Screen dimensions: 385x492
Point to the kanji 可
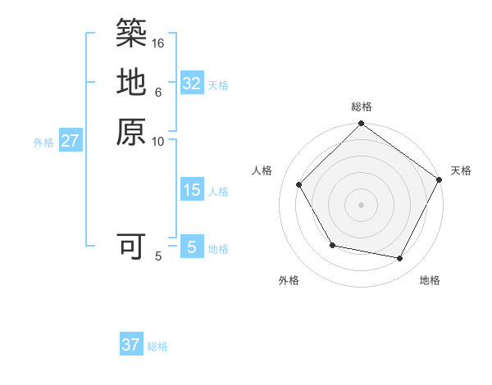click(131, 246)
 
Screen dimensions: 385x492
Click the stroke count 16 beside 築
click(158, 43)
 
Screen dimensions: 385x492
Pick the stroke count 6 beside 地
click(158, 92)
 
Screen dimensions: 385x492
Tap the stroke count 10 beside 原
click(158, 141)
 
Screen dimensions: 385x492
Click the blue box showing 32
click(192, 84)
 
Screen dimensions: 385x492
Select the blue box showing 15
click(192, 190)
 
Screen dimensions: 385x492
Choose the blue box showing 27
click(71, 141)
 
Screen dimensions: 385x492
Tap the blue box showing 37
click(131, 345)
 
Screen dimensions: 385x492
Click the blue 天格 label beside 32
click(219, 84)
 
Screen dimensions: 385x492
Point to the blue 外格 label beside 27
click(43, 142)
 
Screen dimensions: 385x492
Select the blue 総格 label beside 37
click(157, 346)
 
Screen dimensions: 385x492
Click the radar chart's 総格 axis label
click(362, 106)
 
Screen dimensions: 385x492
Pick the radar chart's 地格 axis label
click(430, 281)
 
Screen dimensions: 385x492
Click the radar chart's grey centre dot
click(361, 203)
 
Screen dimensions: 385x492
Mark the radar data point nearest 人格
click(299, 184)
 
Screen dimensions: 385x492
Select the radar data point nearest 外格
click(331, 245)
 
